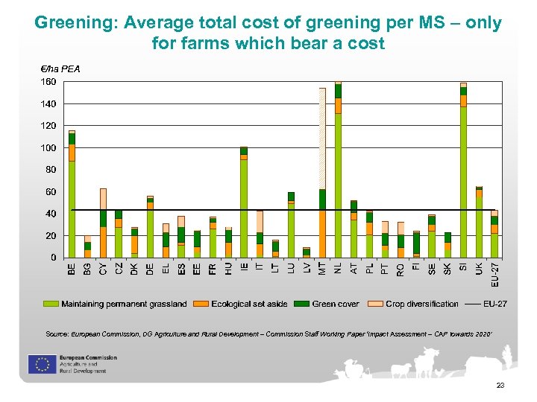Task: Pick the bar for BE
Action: click(x=72, y=194)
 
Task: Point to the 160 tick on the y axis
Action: click(x=48, y=81)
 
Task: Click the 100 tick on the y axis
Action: click(x=48, y=147)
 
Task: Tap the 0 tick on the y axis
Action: click(x=53, y=258)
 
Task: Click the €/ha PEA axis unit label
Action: click(x=60, y=68)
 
